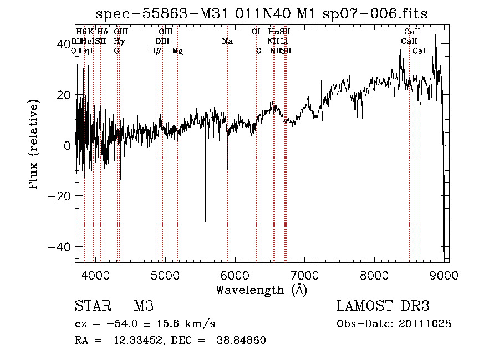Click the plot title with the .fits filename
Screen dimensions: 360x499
click(262, 13)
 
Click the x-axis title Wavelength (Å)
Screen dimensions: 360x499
click(262, 290)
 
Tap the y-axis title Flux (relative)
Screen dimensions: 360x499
click(34, 145)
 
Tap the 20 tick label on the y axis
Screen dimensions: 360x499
click(64, 95)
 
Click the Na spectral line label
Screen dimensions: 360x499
click(227, 42)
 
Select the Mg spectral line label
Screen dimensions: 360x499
click(177, 51)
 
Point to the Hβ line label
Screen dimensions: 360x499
click(156, 51)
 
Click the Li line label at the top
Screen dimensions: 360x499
click(283, 42)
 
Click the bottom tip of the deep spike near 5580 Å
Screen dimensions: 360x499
click(206, 221)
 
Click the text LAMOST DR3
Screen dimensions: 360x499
click(383, 306)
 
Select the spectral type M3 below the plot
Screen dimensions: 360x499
click(144, 306)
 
